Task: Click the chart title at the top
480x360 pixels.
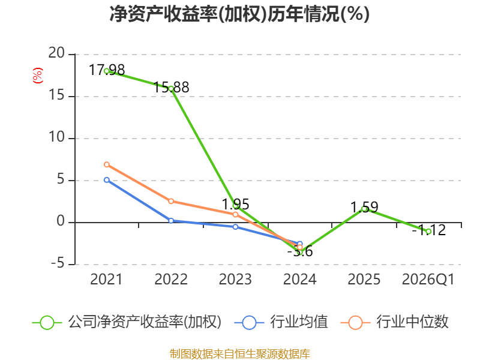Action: (239, 14)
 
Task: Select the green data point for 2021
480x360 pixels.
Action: (107, 71)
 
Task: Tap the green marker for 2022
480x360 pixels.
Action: (171, 89)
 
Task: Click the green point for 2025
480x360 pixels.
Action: (364, 209)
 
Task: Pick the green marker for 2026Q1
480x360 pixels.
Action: (428, 232)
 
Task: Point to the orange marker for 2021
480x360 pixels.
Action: (107, 164)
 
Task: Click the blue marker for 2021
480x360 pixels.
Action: (107, 180)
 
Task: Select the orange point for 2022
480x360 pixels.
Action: (171, 201)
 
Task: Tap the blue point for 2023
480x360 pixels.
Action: (235, 227)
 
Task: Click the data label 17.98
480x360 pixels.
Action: (107, 70)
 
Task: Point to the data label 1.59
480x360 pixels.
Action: (364, 207)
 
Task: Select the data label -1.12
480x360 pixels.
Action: (429, 230)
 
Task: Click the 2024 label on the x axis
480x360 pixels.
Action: (299, 279)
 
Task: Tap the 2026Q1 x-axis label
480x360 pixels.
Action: (428, 280)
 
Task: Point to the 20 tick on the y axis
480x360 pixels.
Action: (56, 53)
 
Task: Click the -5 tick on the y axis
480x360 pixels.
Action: (58, 263)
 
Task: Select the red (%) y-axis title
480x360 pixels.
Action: (38, 76)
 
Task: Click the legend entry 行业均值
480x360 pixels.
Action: (281, 322)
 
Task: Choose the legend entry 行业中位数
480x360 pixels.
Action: (395, 322)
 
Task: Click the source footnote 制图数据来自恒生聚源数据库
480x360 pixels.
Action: (240, 354)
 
